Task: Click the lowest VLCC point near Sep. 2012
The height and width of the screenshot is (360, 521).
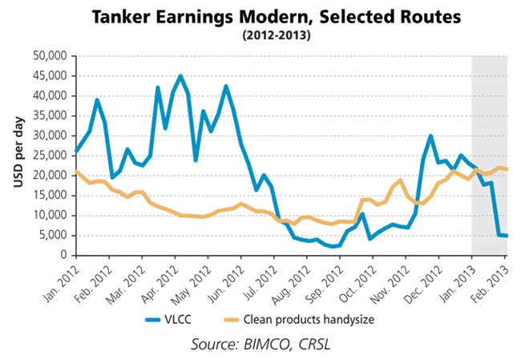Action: click(329, 246)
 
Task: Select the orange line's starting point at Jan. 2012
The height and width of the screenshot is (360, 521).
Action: click(75, 171)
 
